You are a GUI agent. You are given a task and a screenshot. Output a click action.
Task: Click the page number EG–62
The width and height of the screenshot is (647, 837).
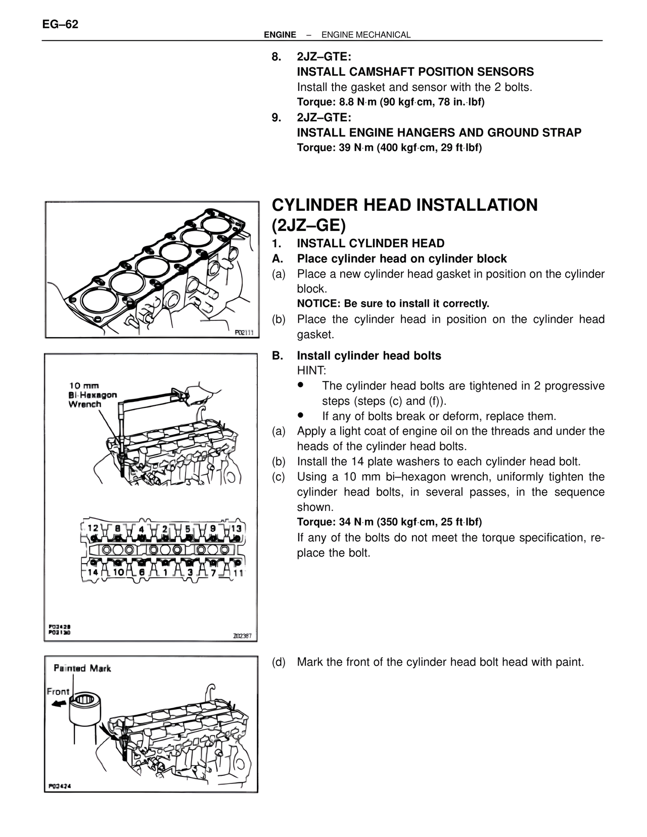pyautogui.click(x=60, y=24)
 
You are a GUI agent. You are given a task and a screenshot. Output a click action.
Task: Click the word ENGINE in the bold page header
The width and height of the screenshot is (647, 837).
pyautogui.click(x=280, y=35)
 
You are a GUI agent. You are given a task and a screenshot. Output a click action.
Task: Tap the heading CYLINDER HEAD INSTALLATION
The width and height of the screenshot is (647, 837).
pyautogui.click(x=404, y=205)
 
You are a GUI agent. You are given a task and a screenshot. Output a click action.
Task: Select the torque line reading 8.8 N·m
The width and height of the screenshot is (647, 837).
pyautogui.click(x=390, y=102)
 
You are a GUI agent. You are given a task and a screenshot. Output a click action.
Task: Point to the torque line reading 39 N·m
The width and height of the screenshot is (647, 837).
pyautogui.click(x=389, y=148)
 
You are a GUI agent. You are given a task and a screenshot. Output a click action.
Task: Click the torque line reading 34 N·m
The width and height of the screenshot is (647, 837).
pyautogui.click(x=389, y=522)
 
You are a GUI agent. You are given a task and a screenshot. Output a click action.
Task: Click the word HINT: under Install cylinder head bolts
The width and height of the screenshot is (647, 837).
pyautogui.click(x=311, y=370)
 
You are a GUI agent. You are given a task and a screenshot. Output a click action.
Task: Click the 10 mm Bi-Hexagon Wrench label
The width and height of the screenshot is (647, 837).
pyautogui.click(x=93, y=395)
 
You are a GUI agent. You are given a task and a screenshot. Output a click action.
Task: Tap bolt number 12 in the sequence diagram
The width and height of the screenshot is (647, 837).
pyautogui.click(x=93, y=528)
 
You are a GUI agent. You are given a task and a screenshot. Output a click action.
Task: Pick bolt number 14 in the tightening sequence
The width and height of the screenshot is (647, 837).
pyautogui.click(x=93, y=572)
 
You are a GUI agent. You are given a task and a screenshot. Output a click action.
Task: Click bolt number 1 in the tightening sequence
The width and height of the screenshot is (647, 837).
pyautogui.click(x=165, y=572)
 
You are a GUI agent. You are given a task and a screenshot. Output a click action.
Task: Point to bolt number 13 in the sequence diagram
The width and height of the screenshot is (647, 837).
pyautogui.click(x=237, y=528)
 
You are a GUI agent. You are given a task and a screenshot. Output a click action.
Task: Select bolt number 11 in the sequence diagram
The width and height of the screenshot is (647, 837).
pyautogui.click(x=238, y=573)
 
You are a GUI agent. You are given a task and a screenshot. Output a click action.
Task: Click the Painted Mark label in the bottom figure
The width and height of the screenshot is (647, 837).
pyautogui.click(x=82, y=668)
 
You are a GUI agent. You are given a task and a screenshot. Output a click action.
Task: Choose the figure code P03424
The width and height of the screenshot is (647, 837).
pyautogui.click(x=59, y=786)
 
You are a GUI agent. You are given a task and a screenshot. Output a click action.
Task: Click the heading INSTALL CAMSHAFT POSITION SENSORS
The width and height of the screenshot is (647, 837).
pyautogui.click(x=415, y=72)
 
